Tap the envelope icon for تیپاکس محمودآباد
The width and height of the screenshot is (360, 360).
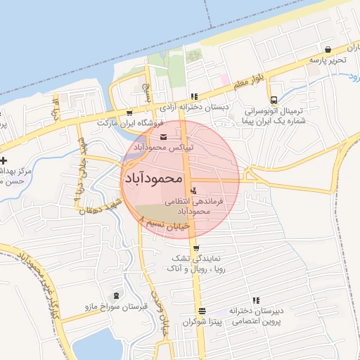coord(163,137)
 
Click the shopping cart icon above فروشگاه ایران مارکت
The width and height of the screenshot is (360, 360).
coord(129,112)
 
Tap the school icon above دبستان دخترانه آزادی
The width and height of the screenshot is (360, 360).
coord(193,97)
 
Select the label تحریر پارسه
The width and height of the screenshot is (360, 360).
coord(328,60)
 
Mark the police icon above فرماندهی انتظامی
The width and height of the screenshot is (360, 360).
coord(193,191)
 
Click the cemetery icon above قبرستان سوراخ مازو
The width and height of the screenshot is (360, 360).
coord(116,296)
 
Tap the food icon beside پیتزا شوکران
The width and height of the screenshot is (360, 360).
coord(202,311)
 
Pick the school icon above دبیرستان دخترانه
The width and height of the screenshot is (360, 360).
coord(256,300)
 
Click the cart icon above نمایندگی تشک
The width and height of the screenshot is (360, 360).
coord(195,247)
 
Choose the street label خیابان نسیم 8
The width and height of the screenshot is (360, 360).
coord(165,224)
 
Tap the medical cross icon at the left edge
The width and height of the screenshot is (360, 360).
coord(4,161)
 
